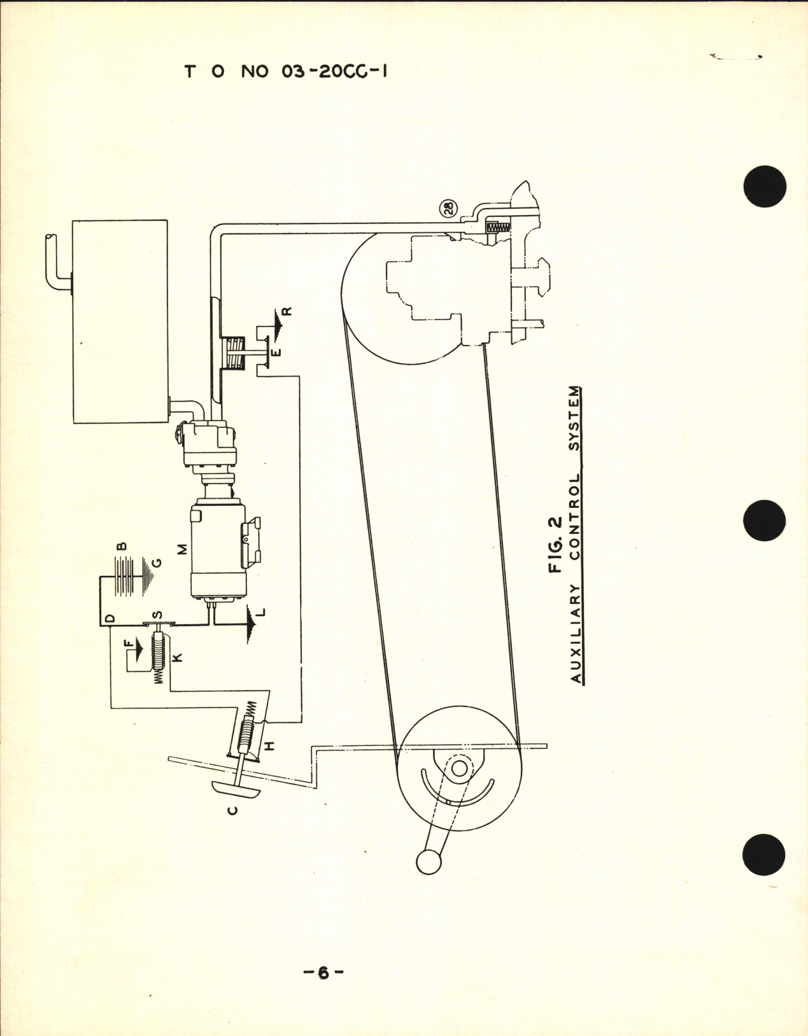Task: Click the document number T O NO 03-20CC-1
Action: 286,71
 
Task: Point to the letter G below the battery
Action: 157,563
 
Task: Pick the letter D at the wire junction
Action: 110,619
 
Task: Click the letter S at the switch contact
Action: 158,615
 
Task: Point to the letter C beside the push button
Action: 233,809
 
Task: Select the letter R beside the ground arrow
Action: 286,311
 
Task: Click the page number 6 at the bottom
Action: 322,991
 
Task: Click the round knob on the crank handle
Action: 428,862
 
